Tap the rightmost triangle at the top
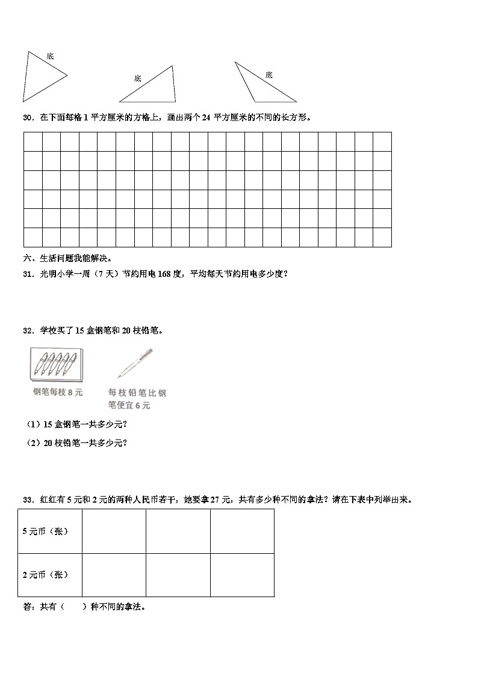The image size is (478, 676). click(262, 81)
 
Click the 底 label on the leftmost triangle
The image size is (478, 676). click(50, 56)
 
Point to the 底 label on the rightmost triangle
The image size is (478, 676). click(268, 75)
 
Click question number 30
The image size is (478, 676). click(28, 118)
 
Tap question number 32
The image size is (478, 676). click(28, 330)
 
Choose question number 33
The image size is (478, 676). click(28, 500)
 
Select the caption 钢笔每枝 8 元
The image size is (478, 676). click(58, 392)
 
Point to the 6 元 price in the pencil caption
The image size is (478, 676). click(142, 406)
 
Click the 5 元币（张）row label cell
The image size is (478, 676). click(50, 531)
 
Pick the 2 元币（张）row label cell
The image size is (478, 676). click(50, 575)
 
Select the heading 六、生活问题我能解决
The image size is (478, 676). click(67, 258)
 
